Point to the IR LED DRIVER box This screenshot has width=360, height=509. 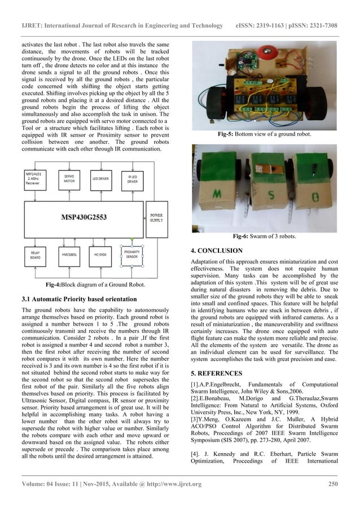coord(131,179)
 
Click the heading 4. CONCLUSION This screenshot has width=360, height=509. coord(217,250)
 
